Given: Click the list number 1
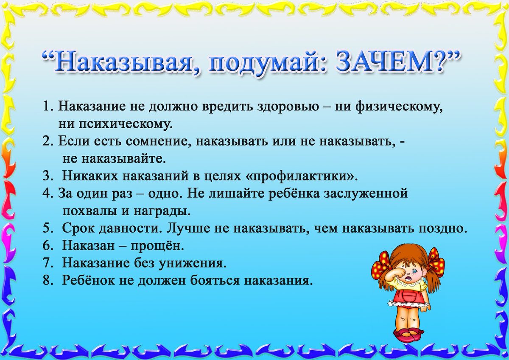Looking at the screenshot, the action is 47,106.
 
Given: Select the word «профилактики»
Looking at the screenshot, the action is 302,177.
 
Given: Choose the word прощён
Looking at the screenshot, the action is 157,246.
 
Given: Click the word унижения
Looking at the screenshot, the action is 193,264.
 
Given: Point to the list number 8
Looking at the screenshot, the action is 48,281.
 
